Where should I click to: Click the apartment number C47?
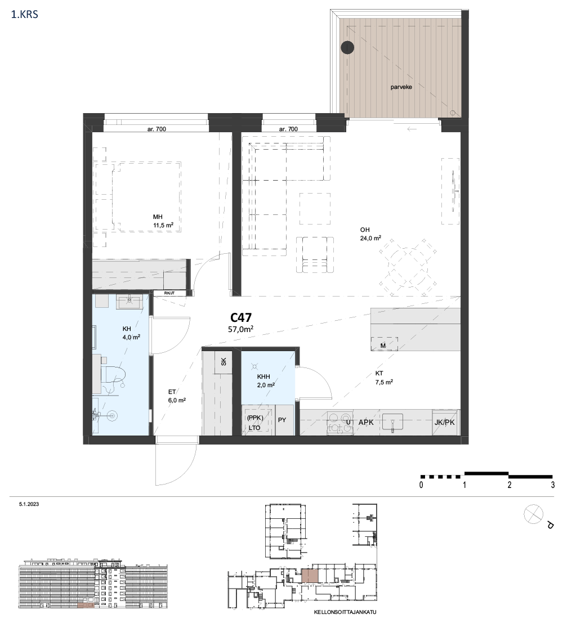(x=240, y=318)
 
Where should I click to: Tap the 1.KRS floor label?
(x=25, y=15)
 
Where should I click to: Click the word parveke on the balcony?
(x=401, y=87)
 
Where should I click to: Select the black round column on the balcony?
(x=347, y=47)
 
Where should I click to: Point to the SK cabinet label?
(x=223, y=361)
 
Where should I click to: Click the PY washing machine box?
(x=284, y=420)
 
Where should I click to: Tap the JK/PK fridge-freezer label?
(x=444, y=423)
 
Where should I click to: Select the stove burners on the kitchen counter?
(x=340, y=423)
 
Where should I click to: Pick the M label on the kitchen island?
(x=383, y=346)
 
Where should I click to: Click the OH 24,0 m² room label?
(x=370, y=234)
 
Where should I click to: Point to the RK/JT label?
(x=169, y=293)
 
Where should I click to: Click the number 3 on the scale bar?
(x=553, y=485)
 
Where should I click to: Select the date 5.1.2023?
(x=29, y=504)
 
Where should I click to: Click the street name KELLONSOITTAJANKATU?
(x=345, y=612)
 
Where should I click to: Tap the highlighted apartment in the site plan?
(x=309, y=576)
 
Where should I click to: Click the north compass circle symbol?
(x=533, y=514)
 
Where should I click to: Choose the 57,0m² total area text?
(x=240, y=329)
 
